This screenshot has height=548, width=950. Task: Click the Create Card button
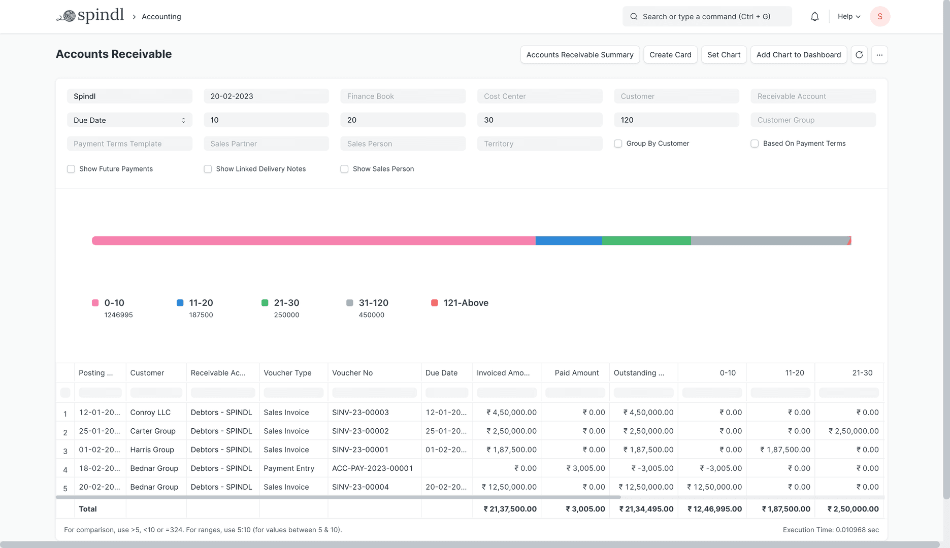tap(670, 55)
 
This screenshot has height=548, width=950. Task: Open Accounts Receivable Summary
tap(579, 55)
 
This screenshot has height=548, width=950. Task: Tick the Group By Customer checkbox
tap(618, 144)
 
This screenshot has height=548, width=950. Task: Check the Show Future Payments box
tap(71, 169)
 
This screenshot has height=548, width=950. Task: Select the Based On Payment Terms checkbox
tap(755, 144)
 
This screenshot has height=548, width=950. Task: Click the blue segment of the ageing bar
tap(569, 241)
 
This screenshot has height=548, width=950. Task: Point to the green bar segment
tap(646, 241)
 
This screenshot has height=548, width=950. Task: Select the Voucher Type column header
tap(288, 373)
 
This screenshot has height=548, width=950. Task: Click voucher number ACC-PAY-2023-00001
tap(372, 468)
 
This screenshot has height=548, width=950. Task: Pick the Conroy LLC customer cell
tap(150, 413)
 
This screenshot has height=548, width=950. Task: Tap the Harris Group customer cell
tap(152, 450)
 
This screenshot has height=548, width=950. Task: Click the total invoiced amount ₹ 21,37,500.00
tap(510, 509)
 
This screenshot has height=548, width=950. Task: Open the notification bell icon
tap(814, 17)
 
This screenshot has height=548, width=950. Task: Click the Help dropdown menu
tap(849, 17)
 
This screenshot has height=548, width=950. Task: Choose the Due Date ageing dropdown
tap(129, 120)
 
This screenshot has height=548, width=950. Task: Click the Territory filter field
tap(539, 144)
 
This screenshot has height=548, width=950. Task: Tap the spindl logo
tap(90, 16)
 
